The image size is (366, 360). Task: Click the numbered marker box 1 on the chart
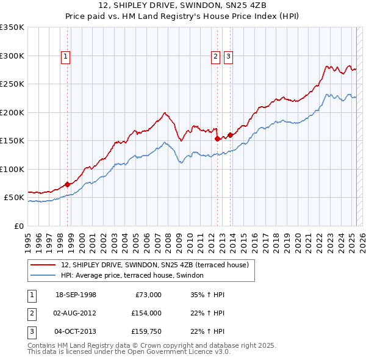(x=66, y=57)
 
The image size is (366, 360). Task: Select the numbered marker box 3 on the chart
(x=228, y=57)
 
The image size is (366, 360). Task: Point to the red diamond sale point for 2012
(x=217, y=139)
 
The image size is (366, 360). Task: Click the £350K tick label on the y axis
(x=12, y=27)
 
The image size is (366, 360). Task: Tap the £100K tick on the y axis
(x=12, y=169)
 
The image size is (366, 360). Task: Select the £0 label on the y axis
(x=18, y=226)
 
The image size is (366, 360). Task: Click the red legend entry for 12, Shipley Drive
(x=154, y=265)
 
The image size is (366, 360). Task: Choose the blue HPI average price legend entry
(x=135, y=276)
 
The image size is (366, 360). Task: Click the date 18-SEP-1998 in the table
(x=76, y=295)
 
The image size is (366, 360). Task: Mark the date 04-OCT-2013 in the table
(x=76, y=331)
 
